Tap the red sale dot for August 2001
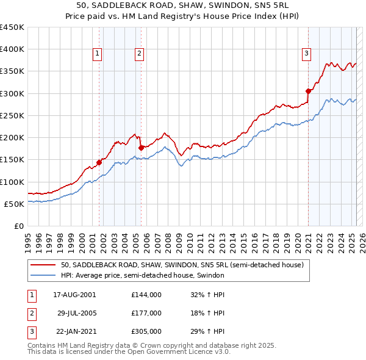[99, 162]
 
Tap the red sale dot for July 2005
[141, 148]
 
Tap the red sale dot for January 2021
[308, 92]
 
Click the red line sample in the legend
[44, 265]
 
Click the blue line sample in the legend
[44, 275]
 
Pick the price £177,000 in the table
[146, 313]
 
